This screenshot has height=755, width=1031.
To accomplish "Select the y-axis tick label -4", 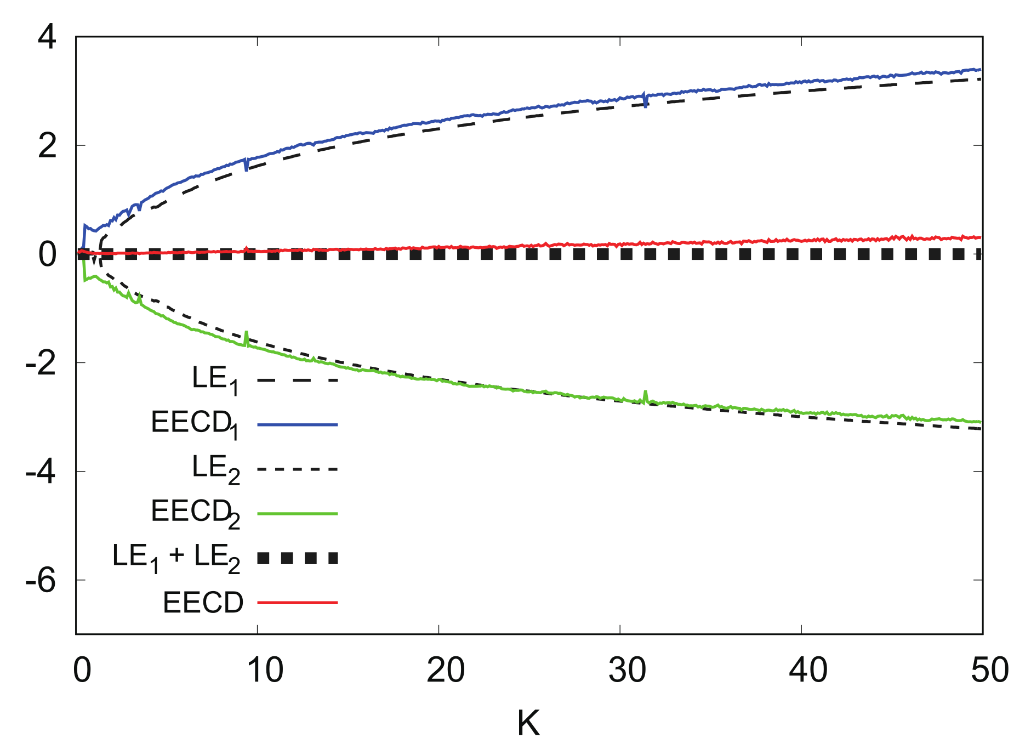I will click(x=41, y=472).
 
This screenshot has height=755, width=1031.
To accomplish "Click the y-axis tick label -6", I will click(x=41, y=580).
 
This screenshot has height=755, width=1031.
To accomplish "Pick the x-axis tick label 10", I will click(x=265, y=670).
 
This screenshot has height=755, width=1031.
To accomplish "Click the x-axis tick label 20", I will click(x=446, y=670).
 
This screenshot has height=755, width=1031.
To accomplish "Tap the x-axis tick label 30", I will click(x=627, y=670).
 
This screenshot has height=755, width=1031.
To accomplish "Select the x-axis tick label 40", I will click(x=808, y=670).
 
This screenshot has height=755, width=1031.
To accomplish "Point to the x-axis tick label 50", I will click(x=989, y=670).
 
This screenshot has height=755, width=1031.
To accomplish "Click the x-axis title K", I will click(x=528, y=723).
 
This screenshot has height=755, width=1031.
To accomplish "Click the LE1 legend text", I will click(x=215, y=379).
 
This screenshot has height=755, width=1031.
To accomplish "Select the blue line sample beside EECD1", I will click(x=297, y=424).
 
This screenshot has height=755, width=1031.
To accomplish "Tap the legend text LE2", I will click(x=215, y=469).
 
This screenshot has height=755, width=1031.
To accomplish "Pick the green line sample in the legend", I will click(x=297, y=514).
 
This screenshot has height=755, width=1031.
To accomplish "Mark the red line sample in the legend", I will click(x=297, y=603).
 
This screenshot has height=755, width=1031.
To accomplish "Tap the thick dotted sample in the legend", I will click(x=297, y=558).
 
